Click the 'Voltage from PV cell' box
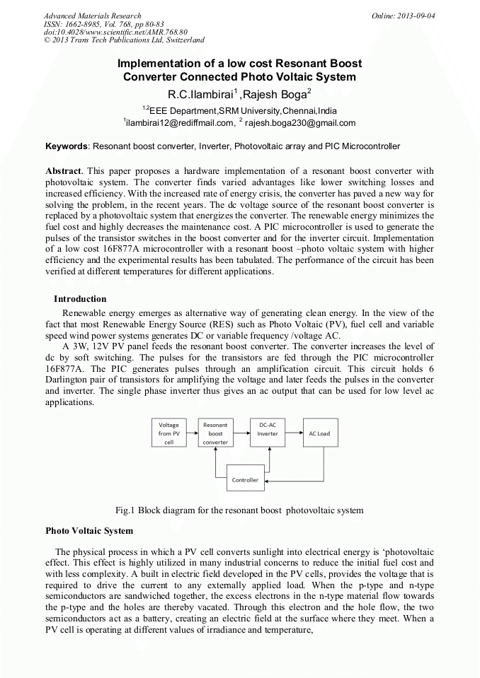pos(168,433)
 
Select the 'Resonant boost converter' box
pos(215,433)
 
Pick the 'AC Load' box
pos(319,433)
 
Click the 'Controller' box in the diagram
pos(245,479)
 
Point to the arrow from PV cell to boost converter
pos(192,433)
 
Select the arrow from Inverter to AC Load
pos(295,433)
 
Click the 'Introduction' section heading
pos(80,299)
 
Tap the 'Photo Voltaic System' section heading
pos(89,530)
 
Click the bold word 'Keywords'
pos(67,146)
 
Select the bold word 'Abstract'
pos(64,171)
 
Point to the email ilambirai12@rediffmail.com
pos(180,123)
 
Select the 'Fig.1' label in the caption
pos(125,510)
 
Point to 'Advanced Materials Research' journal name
pos(92,16)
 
